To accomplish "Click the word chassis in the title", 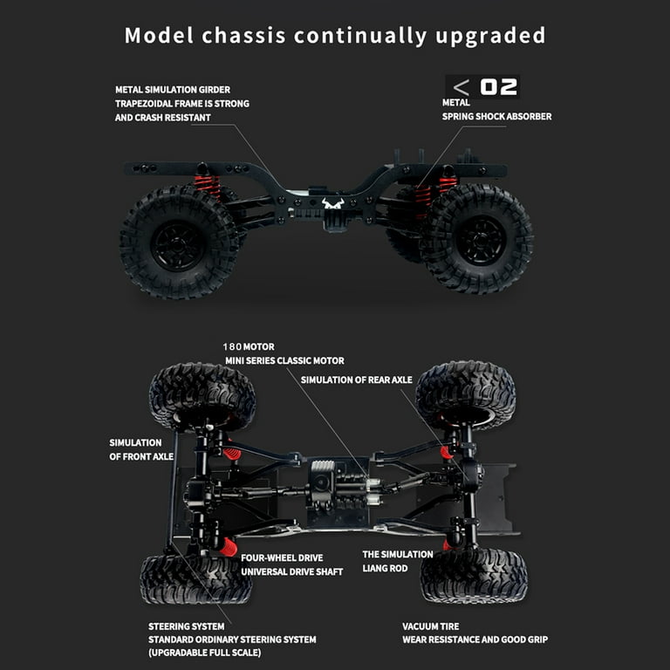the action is pyautogui.click(x=243, y=36).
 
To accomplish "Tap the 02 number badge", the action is pyautogui.click(x=498, y=87).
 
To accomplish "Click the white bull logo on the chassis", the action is pyautogui.click(x=333, y=203).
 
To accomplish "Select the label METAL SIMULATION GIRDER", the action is pyautogui.click(x=173, y=90).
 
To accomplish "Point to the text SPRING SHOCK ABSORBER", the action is pyautogui.click(x=496, y=116).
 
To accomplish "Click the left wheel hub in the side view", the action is pyautogui.click(x=177, y=246).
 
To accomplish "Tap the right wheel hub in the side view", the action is pyautogui.click(x=480, y=241).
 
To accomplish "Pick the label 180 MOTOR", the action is pyautogui.click(x=249, y=346).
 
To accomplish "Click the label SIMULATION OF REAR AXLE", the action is pyautogui.click(x=356, y=379).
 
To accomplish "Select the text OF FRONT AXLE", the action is pyautogui.click(x=141, y=457).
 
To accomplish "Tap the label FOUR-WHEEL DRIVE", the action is pyautogui.click(x=282, y=558).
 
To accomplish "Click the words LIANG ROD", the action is pyautogui.click(x=385, y=568).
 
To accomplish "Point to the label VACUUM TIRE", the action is pyautogui.click(x=431, y=626).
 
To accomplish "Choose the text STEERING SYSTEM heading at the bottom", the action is pyautogui.click(x=187, y=626).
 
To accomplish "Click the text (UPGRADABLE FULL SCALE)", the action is pyautogui.click(x=205, y=653).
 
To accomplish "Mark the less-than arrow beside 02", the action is pyautogui.click(x=461, y=87).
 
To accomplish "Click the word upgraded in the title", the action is pyautogui.click(x=490, y=37).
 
